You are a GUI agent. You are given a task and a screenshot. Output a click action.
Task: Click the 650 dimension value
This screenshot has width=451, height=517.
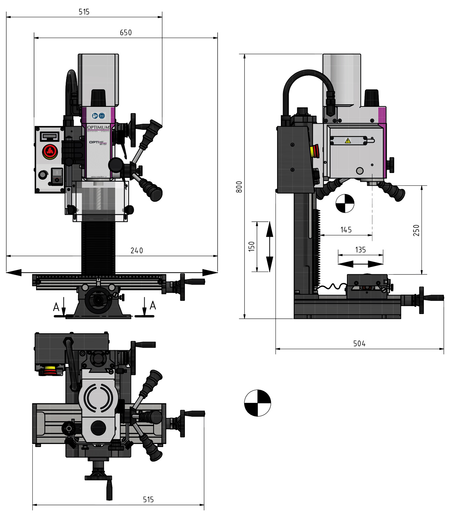(x=126, y=32)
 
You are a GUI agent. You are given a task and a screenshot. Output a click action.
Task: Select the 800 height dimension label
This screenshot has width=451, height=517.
(x=239, y=186)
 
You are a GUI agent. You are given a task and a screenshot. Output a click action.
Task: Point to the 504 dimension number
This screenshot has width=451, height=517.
(x=359, y=344)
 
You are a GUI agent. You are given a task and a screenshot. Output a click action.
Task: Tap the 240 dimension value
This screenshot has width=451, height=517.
(x=137, y=251)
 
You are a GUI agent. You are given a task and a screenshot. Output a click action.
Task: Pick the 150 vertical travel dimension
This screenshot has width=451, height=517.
(x=252, y=246)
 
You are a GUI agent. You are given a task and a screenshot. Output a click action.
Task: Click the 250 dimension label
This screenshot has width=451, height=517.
(x=416, y=230)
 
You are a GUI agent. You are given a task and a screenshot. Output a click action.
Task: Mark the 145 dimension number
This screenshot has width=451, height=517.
(x=346, y=230)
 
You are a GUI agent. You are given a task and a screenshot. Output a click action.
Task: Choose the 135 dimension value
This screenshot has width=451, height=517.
(x=360, y=250)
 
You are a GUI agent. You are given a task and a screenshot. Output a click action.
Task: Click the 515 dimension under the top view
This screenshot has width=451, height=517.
(x=148, y=500)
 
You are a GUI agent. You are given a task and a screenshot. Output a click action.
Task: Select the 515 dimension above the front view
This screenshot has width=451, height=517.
(x=84, y=12)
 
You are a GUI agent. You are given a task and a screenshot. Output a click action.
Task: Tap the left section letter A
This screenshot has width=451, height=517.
(x=56, y=307)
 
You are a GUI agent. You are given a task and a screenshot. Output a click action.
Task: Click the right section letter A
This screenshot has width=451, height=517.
(x=153, y=305)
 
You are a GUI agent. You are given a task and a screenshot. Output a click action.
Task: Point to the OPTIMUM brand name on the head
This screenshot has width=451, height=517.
(x=98, y=128)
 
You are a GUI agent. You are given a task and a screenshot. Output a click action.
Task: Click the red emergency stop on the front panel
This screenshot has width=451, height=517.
(x=49, y=151)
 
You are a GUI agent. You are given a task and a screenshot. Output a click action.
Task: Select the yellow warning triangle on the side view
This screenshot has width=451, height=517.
(x=348, y=141)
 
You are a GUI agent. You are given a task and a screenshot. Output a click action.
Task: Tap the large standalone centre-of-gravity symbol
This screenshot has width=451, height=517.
(x=258, y=403)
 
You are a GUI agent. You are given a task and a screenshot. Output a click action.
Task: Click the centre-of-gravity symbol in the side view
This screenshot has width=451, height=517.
(x=345, y=203)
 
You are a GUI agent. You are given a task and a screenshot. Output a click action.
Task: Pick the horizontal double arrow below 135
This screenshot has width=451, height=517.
(x=360, y=264)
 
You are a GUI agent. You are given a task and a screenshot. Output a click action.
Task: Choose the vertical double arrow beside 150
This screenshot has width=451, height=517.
(x=270, y=246)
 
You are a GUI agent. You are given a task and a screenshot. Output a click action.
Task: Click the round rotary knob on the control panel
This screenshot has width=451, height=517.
(x=43, y=175)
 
